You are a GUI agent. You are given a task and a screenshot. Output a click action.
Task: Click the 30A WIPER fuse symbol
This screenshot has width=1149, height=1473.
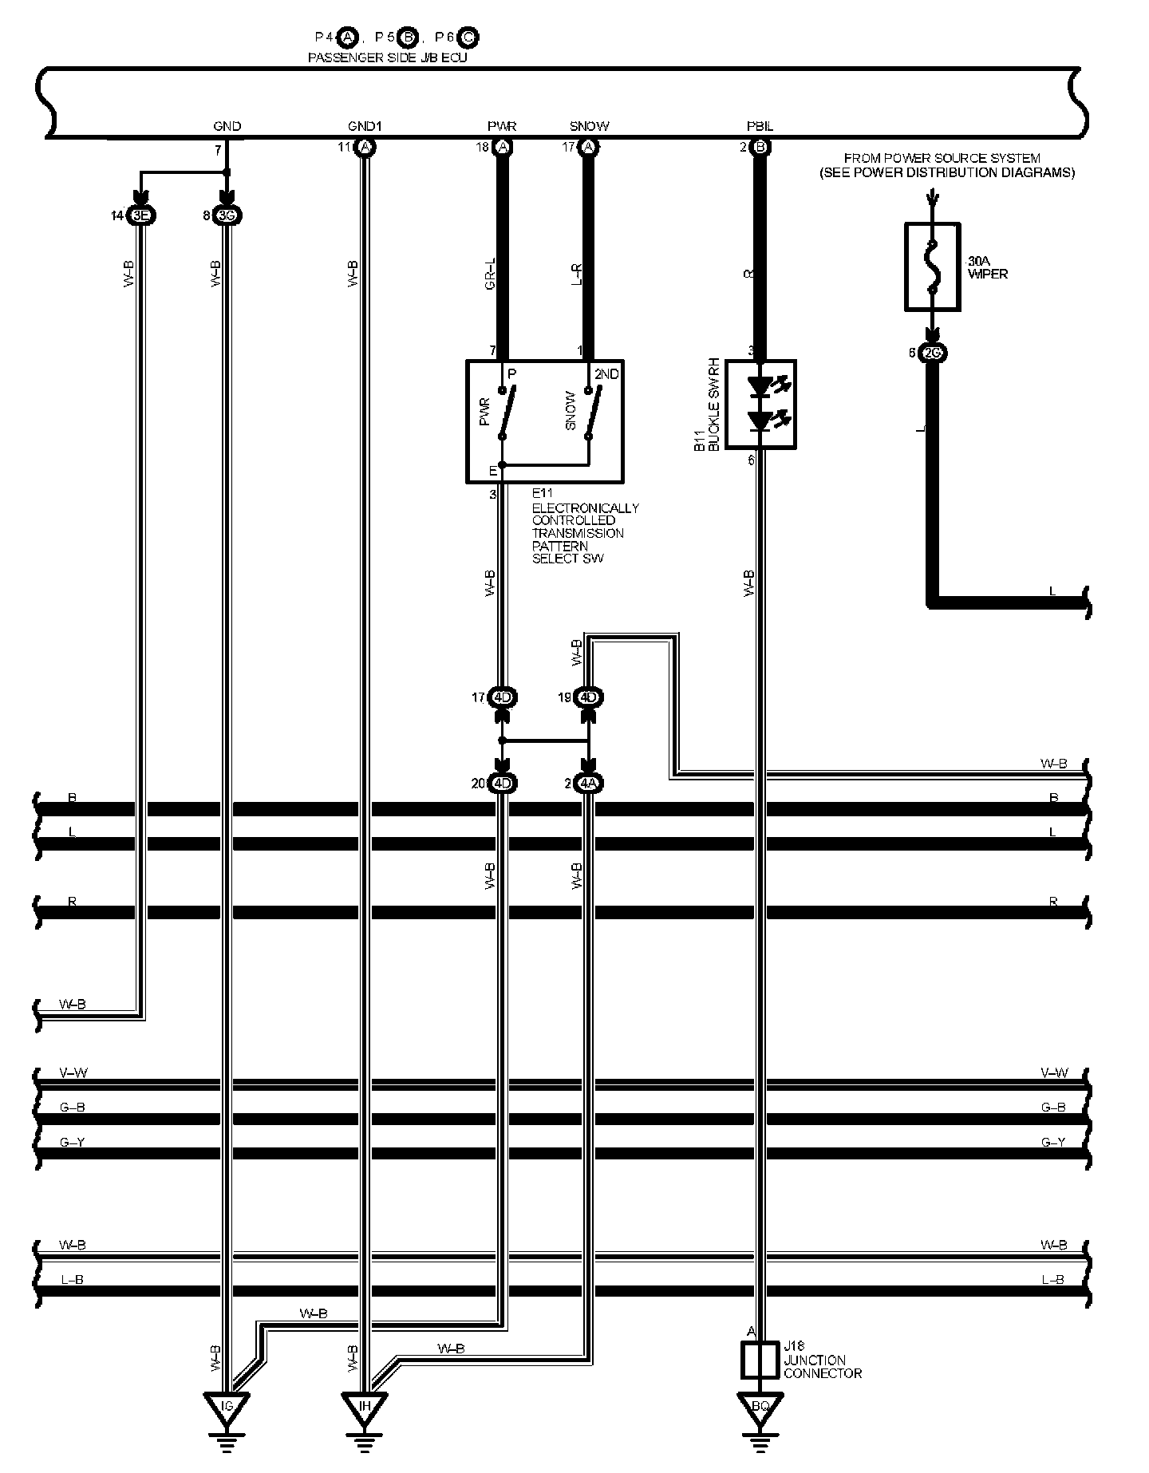[932, 267]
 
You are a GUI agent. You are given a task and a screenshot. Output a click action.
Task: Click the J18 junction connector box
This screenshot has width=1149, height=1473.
[760, 1360]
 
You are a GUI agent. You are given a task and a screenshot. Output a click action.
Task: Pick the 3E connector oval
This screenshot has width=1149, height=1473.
[140, 215]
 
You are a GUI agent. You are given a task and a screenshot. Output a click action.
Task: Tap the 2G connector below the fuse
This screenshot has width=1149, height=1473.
[932, 353]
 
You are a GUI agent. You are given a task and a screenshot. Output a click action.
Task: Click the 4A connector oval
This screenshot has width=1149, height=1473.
[589, 784]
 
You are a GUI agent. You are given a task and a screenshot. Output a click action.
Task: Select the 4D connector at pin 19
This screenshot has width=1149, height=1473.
[589, 697]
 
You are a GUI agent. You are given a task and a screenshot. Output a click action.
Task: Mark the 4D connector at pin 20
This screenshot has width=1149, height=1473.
[502, 784]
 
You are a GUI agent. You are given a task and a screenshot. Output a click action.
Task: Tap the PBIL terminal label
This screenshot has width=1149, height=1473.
[760, 126]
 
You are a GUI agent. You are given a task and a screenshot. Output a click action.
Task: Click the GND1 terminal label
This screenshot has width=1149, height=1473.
[365, 126]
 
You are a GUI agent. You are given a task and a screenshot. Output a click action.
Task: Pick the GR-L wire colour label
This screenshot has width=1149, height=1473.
[491, 273]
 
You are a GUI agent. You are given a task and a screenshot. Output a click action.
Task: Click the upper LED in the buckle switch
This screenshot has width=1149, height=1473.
[760, 388]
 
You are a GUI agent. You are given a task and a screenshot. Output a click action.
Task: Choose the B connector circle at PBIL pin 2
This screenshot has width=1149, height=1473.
[760, 147]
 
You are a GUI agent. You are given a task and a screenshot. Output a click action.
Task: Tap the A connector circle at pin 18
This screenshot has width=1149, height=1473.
[503, 147]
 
